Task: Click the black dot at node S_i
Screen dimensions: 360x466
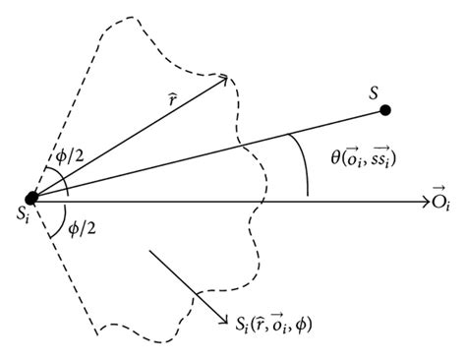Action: click(x=32, y=198)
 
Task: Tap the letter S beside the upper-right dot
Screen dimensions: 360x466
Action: click(x=373, y=90)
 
